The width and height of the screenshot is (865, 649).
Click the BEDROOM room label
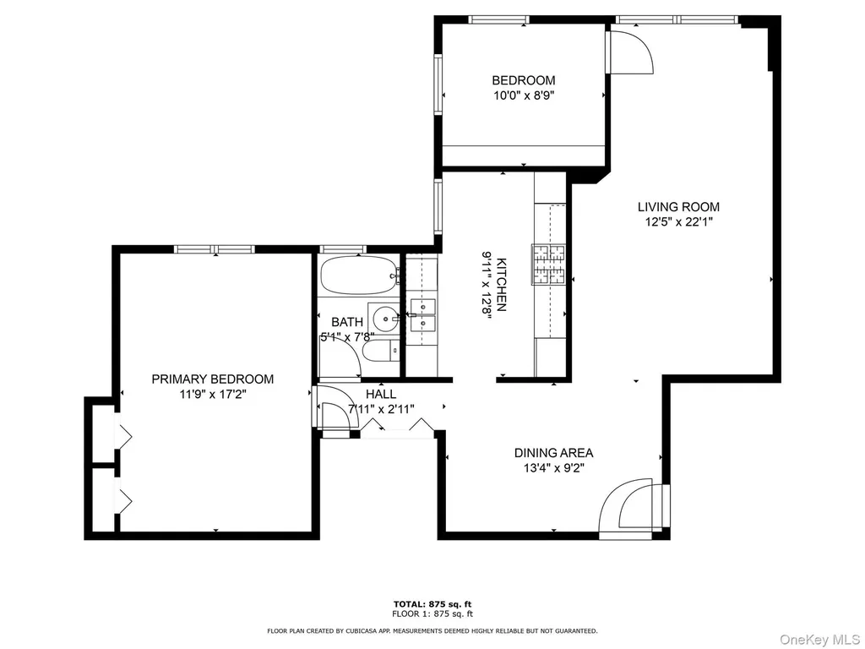coord(524,80)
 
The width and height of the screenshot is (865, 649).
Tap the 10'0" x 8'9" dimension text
coord(524,95)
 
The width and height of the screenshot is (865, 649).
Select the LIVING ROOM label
coord(678,207)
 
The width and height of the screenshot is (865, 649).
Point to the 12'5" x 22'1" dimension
coord(678,222)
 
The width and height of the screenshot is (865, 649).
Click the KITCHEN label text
coord(502,284)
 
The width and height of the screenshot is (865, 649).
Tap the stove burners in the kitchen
coord(549,265)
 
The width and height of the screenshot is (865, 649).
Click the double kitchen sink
coord(422,314)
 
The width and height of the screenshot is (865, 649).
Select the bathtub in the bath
coord(359,275)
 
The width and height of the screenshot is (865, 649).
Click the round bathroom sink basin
coord(385,319)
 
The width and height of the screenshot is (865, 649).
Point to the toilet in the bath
coord(381,350)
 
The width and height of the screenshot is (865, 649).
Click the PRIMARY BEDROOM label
coord(212,379)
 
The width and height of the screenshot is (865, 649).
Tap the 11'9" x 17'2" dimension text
coord(212,394)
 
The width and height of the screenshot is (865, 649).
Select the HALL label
coord(381,394)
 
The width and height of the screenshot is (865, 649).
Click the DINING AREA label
coord(554,453)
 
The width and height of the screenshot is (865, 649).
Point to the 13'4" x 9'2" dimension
coord(554,468)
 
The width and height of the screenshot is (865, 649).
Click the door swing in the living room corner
coord(629,52)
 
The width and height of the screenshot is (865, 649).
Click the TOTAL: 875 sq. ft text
coord(432,604)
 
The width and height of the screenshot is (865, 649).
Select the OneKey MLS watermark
coord(819,640)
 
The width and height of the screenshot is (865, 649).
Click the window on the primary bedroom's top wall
coord(214,249)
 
